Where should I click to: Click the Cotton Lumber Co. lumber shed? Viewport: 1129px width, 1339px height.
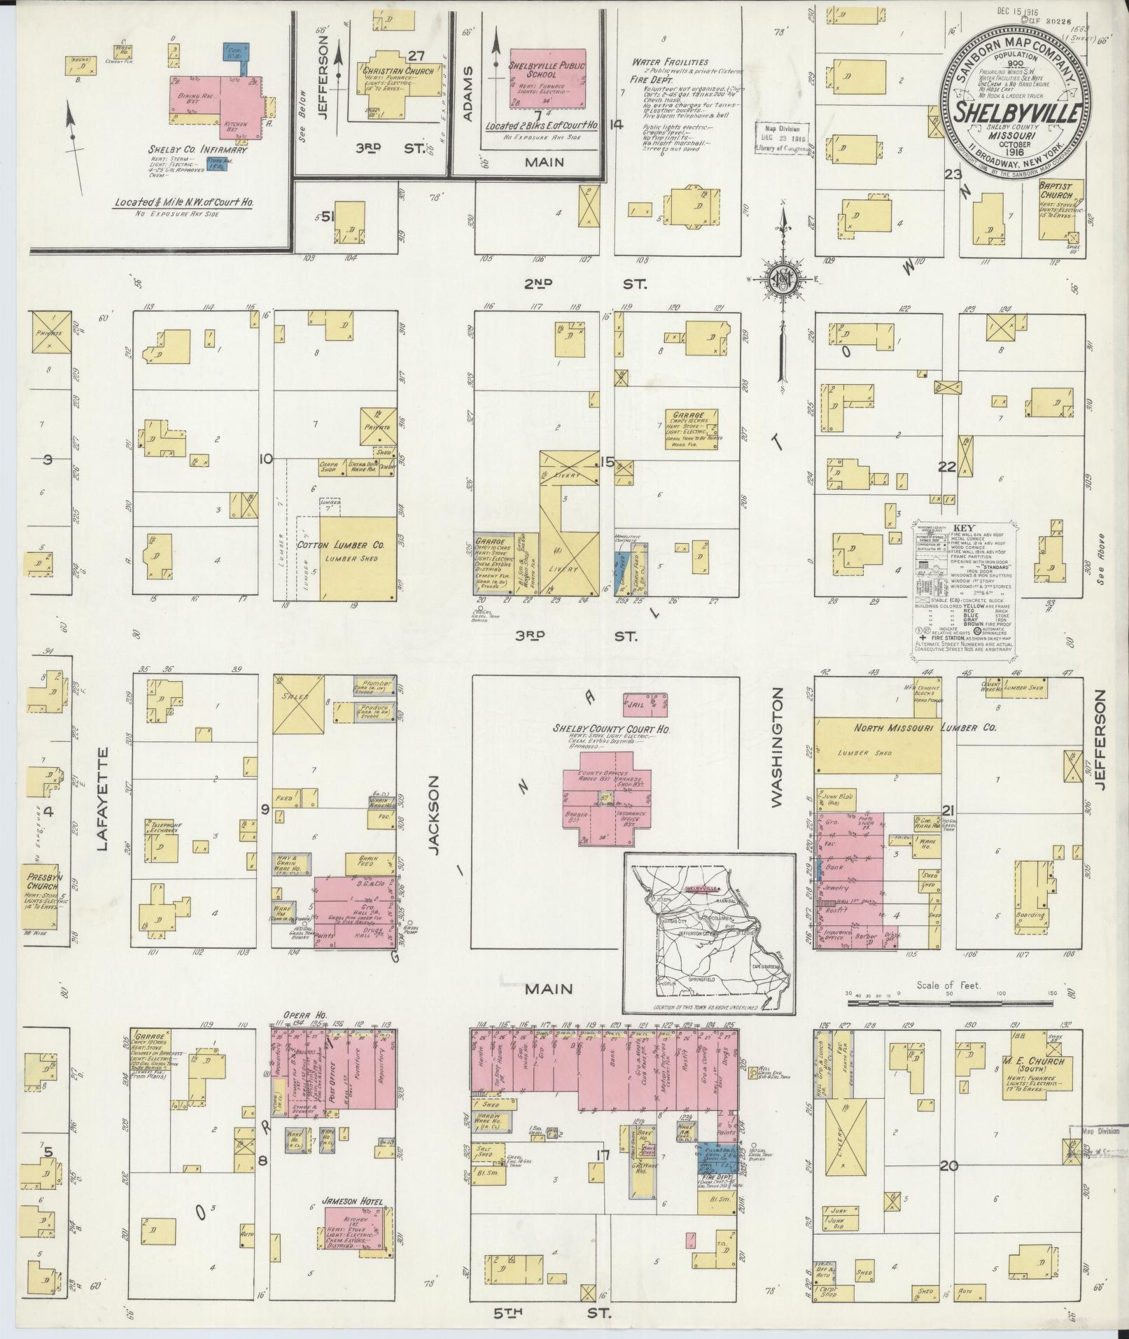click(x=358, y=557)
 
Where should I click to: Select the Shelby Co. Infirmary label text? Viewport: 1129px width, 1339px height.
click(x=188, y=149)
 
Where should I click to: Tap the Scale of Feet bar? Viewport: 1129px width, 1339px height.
click(x=949, y=1002)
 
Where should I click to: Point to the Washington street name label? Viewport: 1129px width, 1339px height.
click(x=777, y=748)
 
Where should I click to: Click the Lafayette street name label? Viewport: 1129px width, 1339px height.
click(x=103, y=799)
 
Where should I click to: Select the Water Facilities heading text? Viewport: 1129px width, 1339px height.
click(x=670, y=62)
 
